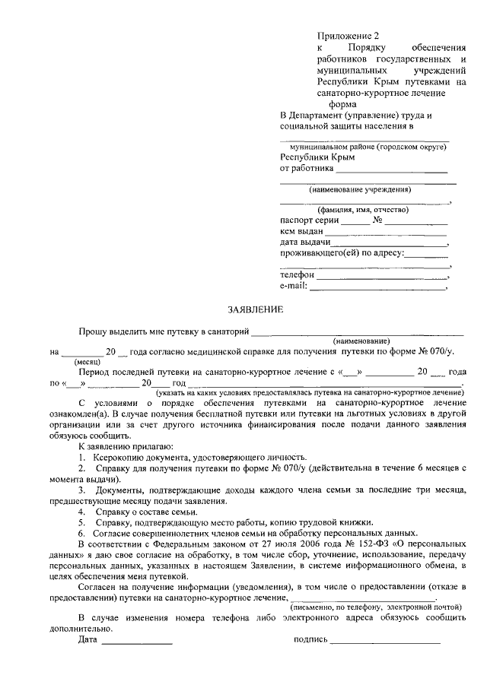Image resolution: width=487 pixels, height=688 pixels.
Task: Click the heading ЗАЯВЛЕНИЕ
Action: [x=256, y=309]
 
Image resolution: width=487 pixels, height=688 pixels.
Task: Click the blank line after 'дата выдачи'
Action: [x=393, y=245]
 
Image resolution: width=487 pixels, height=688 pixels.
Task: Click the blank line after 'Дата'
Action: [x=137, y=641]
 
